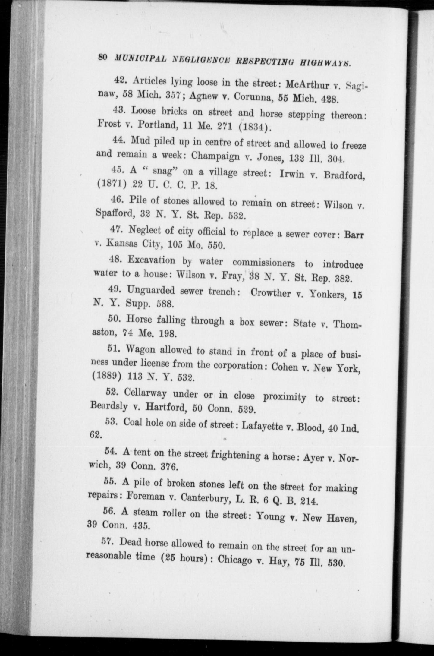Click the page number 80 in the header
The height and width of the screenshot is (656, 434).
[x=103, y=57]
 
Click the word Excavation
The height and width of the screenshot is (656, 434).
[x=151, y=260]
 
